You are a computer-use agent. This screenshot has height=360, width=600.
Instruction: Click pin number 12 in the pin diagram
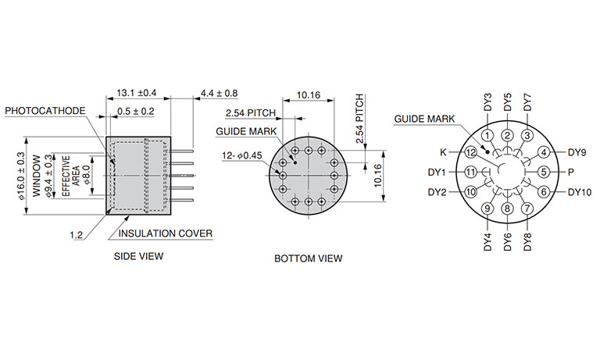tap(470, 152)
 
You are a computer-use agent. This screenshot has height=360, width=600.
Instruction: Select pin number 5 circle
tap(544, 172)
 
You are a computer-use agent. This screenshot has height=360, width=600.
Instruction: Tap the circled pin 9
tap(487, 209)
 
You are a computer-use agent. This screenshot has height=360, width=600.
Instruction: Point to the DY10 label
tap(580, 192)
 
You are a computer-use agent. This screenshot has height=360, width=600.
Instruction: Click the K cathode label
tap(443, 152)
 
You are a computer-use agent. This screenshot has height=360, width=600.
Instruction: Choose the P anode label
tap(570, 172)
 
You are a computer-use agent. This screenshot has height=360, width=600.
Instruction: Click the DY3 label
tap(487, 102)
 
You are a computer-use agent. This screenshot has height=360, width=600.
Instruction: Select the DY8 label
tap(527, 242)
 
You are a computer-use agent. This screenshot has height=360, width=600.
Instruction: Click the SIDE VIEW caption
tap(138, 256)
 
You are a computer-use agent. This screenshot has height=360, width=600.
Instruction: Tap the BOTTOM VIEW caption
tap(309, 258)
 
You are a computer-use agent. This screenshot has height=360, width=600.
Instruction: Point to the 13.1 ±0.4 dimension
tap(137, 93)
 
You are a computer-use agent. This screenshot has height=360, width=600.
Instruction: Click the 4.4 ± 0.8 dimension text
tap(220, 94)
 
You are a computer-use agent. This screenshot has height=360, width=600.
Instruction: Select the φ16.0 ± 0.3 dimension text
tap(21, 176)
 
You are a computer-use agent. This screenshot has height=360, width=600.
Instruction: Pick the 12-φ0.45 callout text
tap(242, 155)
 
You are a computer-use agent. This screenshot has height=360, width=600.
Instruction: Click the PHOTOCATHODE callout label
tap(45, 111)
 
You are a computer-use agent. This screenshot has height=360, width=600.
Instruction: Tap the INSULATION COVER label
tap(166, 233)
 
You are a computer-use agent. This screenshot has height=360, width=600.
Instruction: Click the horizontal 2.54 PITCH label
tap(251, 113)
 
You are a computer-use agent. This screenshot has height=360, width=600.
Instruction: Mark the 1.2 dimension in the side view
tap(76, 235)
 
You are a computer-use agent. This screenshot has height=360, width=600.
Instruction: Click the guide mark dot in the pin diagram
tap(487, 151)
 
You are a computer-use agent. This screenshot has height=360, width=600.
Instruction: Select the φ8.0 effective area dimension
tap(86, 175)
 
